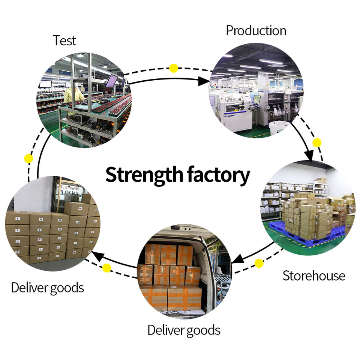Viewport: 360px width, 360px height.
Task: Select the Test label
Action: [x=64, y=40]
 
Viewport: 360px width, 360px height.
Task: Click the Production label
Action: [x=256, y=31]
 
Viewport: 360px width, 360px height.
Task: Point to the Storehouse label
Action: [x=313, y=276]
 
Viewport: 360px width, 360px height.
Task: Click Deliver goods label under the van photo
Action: [x=183, y=330]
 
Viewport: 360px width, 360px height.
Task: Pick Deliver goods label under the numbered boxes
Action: [x=47, y=288]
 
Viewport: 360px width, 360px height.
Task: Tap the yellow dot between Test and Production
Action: [x=174, y=68]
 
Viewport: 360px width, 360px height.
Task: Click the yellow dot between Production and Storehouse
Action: [x=317, y=142]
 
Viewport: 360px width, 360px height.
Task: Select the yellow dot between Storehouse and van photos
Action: [x=259, y=263]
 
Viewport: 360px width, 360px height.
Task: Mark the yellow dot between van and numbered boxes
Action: [x=107, y=268]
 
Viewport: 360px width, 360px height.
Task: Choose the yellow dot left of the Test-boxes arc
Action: [x=28, y=158]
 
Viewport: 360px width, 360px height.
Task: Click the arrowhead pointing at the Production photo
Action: [x=204, y=81]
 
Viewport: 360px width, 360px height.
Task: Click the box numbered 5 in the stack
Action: [x=18, y=218]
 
